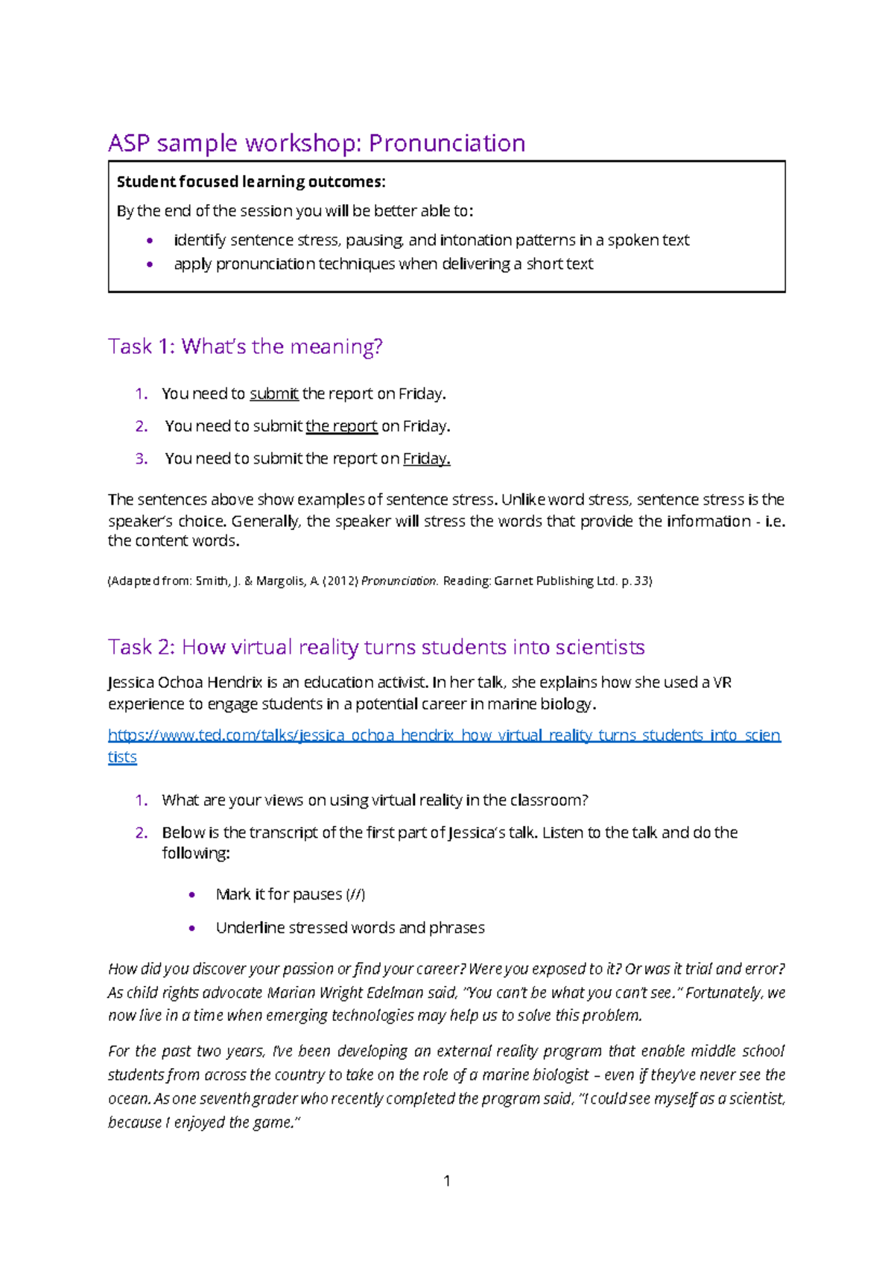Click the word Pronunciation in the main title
tap(447, 143)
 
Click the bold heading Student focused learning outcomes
tap(251, 182)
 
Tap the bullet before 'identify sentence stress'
tap(150, 241)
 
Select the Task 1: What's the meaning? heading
tap(245, 347)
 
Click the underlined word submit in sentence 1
tap(273, 394)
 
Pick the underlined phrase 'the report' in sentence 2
tap(341, 426)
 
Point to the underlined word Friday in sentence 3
tap(426, 459)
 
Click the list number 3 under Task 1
tap(141, 459)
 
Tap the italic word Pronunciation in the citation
tap(399, 581)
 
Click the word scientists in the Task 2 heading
tap(600, 647)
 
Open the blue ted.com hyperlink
tap(444, 736)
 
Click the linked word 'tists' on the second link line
tap(122, 757)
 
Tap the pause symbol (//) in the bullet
tap(355, 894)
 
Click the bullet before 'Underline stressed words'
tap(192, 929)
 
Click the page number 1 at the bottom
tap(447, 1181)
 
